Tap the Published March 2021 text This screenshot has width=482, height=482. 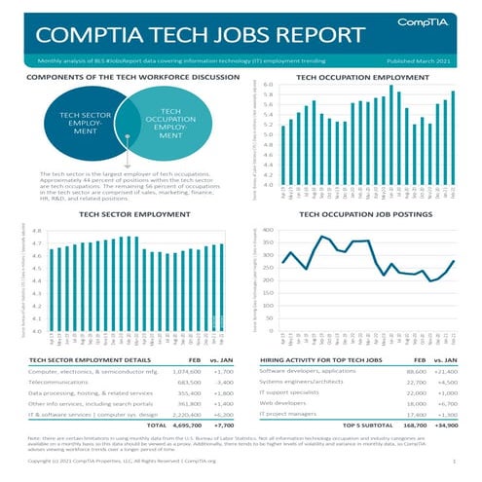pos(421,59)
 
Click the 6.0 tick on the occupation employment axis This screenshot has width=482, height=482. pos(268,85)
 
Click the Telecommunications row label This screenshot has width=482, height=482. pos(65,385)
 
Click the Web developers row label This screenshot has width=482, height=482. pos(283,400)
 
